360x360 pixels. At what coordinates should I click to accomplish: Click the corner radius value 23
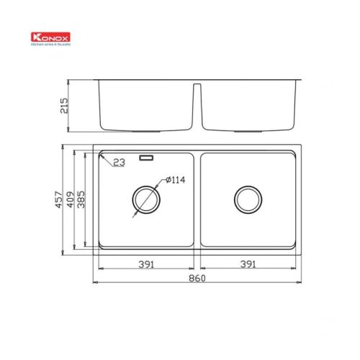119,163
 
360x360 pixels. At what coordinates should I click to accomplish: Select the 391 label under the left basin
146,265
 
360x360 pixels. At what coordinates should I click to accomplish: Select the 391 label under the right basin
248,265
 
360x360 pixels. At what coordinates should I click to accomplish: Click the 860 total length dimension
197,279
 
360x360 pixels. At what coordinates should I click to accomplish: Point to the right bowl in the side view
248,104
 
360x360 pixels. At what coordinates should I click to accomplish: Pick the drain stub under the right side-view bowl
248,132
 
